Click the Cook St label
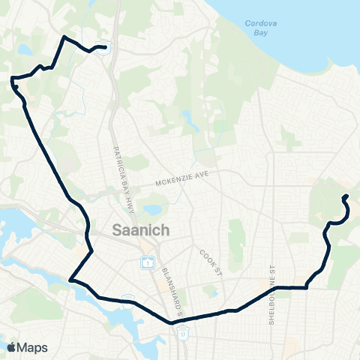coord(211,259)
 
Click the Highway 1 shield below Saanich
coord(147,262)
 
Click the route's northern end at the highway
coord(103,49)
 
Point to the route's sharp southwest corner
coord(70,280)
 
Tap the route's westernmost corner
coord(12,78)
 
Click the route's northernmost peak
coord(65,37)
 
